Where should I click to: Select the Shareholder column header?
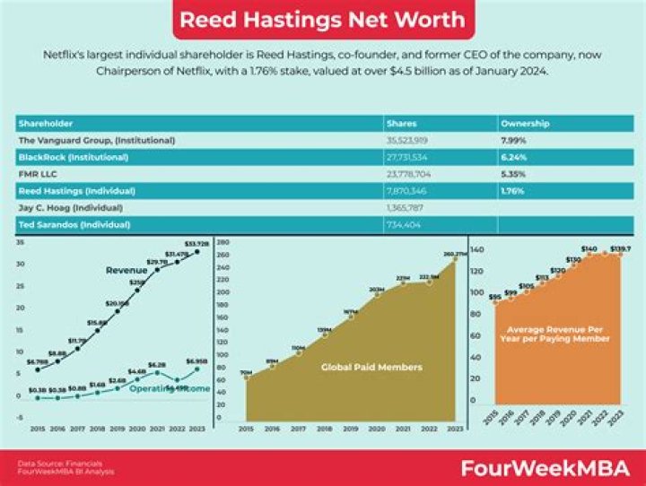tap(45, 123)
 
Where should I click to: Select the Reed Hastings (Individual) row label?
tap(76, 190)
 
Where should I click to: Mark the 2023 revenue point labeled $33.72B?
tap(196, 251)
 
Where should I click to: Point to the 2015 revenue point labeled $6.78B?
tap(37, 369)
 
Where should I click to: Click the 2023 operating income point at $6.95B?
tap(196, 369)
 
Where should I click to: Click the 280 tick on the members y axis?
tap(225, 242)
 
